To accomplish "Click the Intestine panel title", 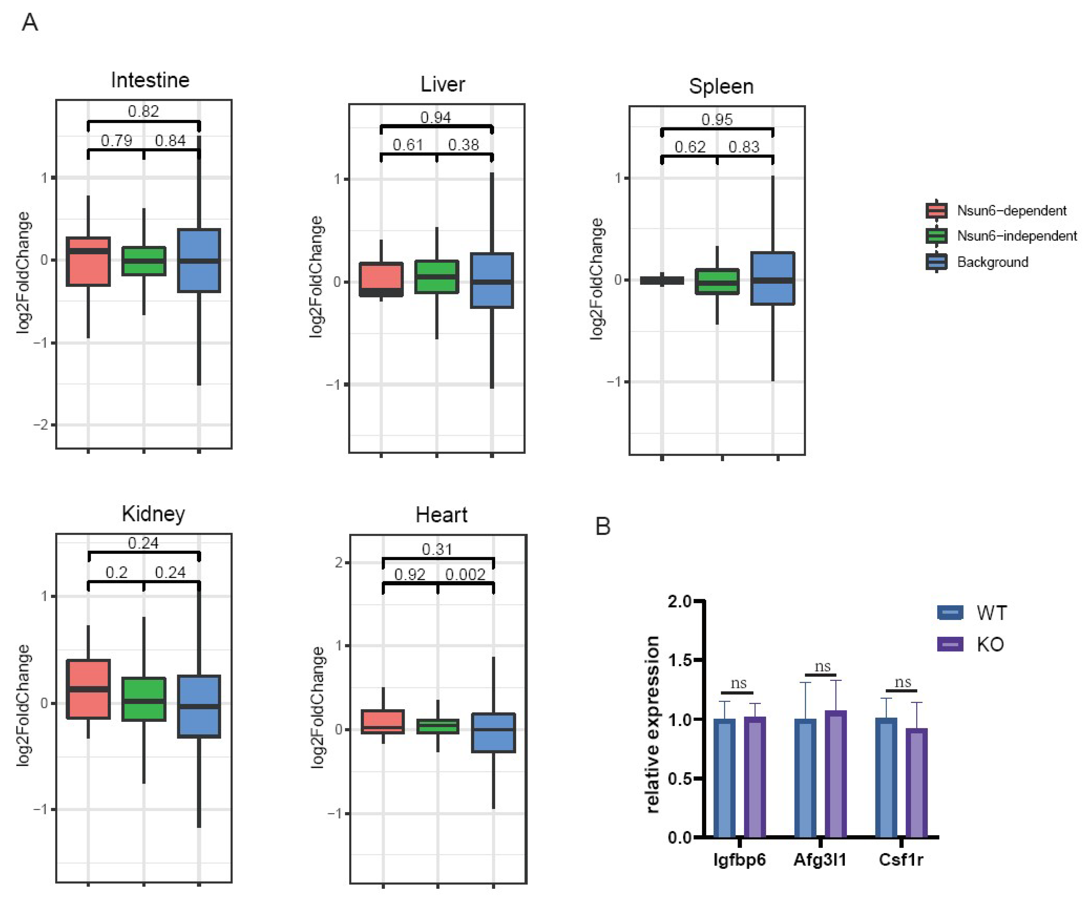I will [150, 80].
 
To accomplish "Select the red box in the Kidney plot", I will [88, 689].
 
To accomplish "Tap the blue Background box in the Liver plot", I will [492, 280].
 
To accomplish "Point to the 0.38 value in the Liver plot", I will [463, 145].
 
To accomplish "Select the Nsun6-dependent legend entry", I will [1011, 211].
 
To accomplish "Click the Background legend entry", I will [992, 262].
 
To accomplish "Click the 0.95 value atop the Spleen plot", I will [717, 120].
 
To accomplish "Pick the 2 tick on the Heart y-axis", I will [339, 562].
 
